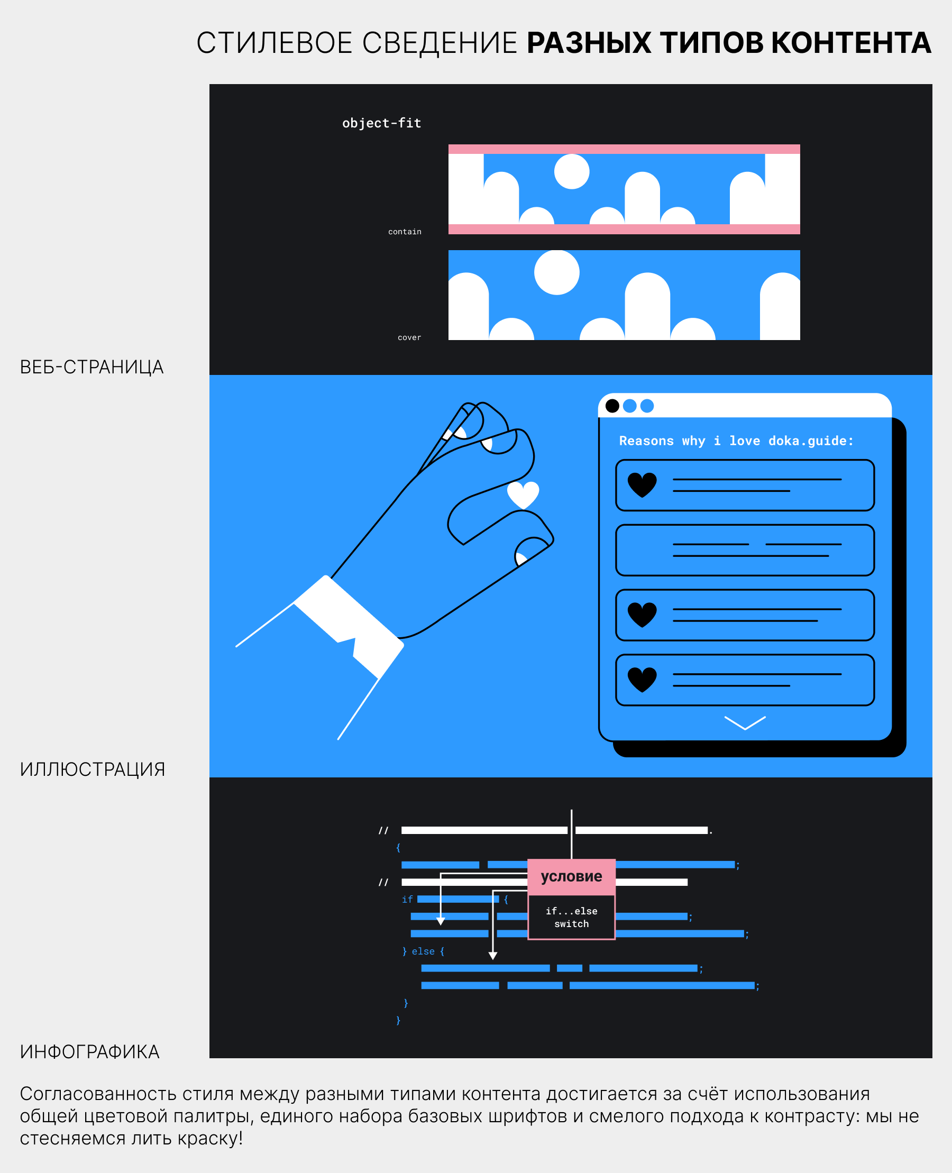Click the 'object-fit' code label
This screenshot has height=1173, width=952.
382,123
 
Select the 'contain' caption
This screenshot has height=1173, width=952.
405,232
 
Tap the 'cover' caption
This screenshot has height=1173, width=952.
409,338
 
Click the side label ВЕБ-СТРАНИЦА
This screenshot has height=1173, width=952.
91,367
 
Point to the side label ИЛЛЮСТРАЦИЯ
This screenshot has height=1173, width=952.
92,769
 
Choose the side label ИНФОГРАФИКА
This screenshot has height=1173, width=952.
89,1052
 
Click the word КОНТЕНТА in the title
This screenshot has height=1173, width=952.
851,43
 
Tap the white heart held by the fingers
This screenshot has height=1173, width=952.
523,494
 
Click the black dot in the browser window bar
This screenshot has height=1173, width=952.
612,406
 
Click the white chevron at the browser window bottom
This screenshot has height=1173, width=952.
745,723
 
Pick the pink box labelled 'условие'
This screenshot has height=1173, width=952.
571,877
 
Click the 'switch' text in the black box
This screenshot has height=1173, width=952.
571,924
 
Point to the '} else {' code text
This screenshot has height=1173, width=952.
423,951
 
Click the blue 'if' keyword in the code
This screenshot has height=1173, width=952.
407,900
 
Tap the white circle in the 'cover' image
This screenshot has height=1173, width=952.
556,272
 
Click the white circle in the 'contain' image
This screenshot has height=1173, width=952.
572,172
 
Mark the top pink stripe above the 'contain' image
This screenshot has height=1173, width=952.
624,149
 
